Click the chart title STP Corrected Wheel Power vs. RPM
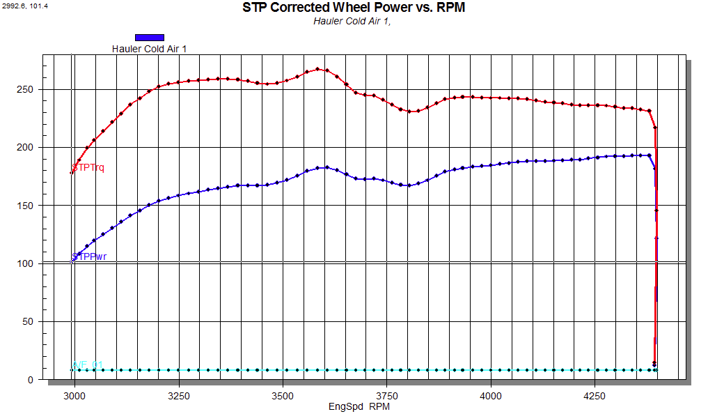coord(354,8)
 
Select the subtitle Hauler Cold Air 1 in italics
coord(352,21)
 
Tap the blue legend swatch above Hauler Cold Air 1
coord(150,37)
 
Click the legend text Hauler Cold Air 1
coord(149,49)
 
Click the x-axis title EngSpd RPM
coord(359,405)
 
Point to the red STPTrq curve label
coord(89,167)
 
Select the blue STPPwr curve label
coord(90,256)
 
